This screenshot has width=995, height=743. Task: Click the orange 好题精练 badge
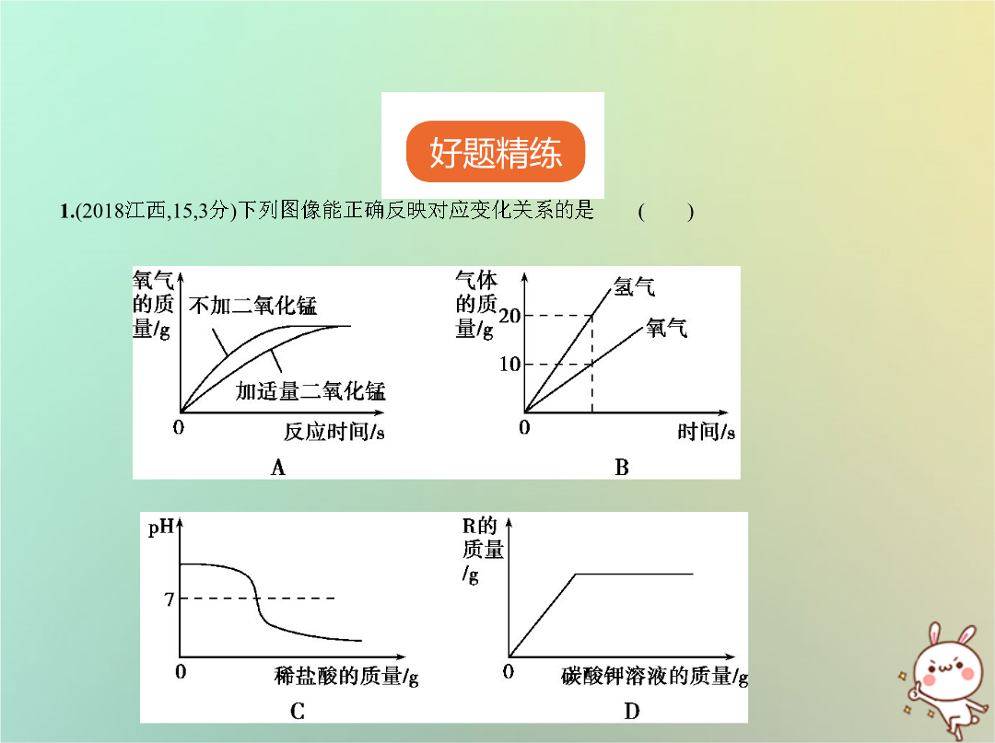tap(495, 152)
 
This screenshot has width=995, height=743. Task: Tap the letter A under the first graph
tap(278, 468)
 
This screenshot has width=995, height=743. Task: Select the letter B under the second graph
tap(621, 468)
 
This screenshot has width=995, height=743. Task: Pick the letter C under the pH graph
tap(297, 712)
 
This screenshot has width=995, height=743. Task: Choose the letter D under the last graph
tap(631, 712)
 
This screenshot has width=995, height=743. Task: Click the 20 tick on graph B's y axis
tap(509, 316)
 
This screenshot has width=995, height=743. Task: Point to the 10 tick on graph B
tap(509, 364)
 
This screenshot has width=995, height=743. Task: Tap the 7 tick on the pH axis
tap(169, 599)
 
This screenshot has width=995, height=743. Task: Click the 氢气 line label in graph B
tap(634, 287)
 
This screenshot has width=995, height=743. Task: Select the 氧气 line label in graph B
tap(666, 328)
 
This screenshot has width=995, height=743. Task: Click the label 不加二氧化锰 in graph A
tap(252, 306)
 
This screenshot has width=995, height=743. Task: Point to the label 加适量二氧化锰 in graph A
tap(310, 390)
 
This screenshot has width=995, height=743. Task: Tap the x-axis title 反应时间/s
tap(334, 432)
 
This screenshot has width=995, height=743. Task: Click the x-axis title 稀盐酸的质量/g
tap(346, 676)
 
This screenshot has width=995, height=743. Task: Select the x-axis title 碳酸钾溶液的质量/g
tap(654, 676)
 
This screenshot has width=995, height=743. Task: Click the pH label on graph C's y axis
tap(160, 528)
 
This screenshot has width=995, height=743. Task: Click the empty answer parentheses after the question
tap(666, 211)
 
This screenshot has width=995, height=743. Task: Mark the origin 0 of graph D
tap(509, 671)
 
